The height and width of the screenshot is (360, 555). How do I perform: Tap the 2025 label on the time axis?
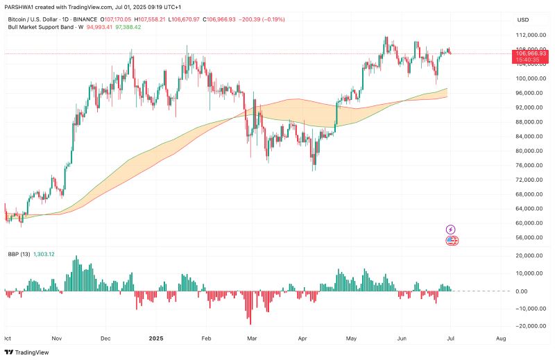tap(155, 340)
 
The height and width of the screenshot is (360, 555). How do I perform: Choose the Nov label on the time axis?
tap(57, 340)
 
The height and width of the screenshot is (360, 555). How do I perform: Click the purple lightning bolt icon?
tap(451, 229)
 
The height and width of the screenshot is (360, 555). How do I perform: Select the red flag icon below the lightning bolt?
tap(452, 241)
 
